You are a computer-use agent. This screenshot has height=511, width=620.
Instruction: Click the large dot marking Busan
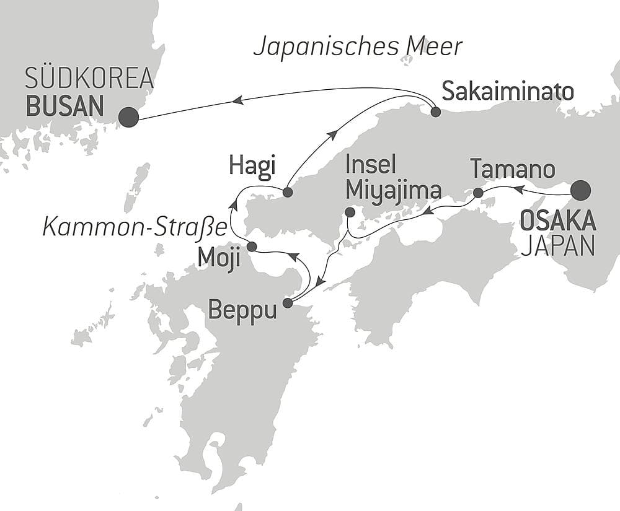pos(128,117)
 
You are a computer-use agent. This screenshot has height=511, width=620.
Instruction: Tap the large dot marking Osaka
pos(581,190)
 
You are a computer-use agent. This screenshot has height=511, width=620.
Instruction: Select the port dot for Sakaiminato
pos(435,112)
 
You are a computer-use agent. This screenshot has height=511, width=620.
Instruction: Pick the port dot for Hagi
pos(287,193)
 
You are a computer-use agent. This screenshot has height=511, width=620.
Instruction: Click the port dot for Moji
pos(252,247)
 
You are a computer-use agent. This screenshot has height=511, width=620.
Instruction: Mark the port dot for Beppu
pos(287,303)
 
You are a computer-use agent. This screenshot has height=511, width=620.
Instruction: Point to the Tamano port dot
pos(478,193)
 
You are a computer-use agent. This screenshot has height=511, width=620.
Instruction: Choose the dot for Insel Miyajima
pos(350,212)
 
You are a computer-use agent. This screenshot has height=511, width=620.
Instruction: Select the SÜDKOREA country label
pos(89,81)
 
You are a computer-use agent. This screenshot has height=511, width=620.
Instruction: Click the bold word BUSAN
pos(64,107)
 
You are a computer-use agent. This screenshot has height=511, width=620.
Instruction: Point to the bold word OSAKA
pos(558,220)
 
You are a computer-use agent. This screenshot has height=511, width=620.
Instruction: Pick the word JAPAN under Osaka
pos(558,247)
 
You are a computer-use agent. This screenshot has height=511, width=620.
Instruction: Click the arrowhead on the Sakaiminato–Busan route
pos(237,99)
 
